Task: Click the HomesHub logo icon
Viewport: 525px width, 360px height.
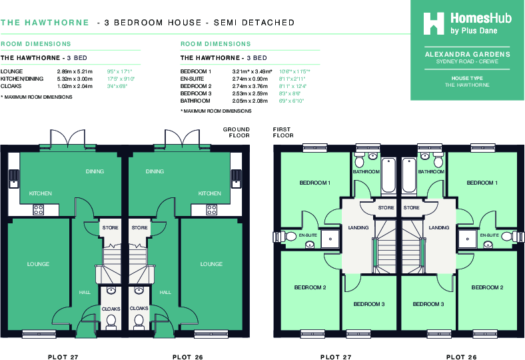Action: pyautogui.click(x=435, y=23)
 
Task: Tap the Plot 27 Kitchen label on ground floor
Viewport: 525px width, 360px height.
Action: pyautogui.click(x=40, y=193)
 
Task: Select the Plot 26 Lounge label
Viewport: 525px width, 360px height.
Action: pyautogui.click(x=211, y=264)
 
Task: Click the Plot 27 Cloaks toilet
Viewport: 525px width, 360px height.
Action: pyautogui.click(x=111, y=321)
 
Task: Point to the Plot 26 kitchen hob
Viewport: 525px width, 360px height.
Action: pyautogui.click(x=212, y=209)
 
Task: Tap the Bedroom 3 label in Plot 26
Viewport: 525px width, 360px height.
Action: pyautogui.click(x=428, y=304)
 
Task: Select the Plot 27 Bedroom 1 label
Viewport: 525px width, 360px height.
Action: pyautogui.click(x=314, y=183)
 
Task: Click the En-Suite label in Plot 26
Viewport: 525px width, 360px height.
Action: pyautogui.click(x=489, y=235)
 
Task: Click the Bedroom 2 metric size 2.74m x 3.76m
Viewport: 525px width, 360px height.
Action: pyautogui.click(x=251, y=86)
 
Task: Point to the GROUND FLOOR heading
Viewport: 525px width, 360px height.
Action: pyautogui.click(x=237, y=132)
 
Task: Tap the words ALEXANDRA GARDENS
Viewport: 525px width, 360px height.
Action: pyautogui.click(x=467, y=54)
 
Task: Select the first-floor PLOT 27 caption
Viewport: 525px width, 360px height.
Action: pyautogui.click(x=336, y=357)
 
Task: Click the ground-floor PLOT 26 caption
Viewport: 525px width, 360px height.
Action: pyautogui.click(x=187, y=357)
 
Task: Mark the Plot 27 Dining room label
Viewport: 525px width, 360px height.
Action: pyautogui.click(x=95, y=171)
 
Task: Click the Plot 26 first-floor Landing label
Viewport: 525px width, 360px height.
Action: pyautogui.click(x=439, y=228)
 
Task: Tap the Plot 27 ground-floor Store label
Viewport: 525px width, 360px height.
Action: pyautogui.click(x=111, y=228)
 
